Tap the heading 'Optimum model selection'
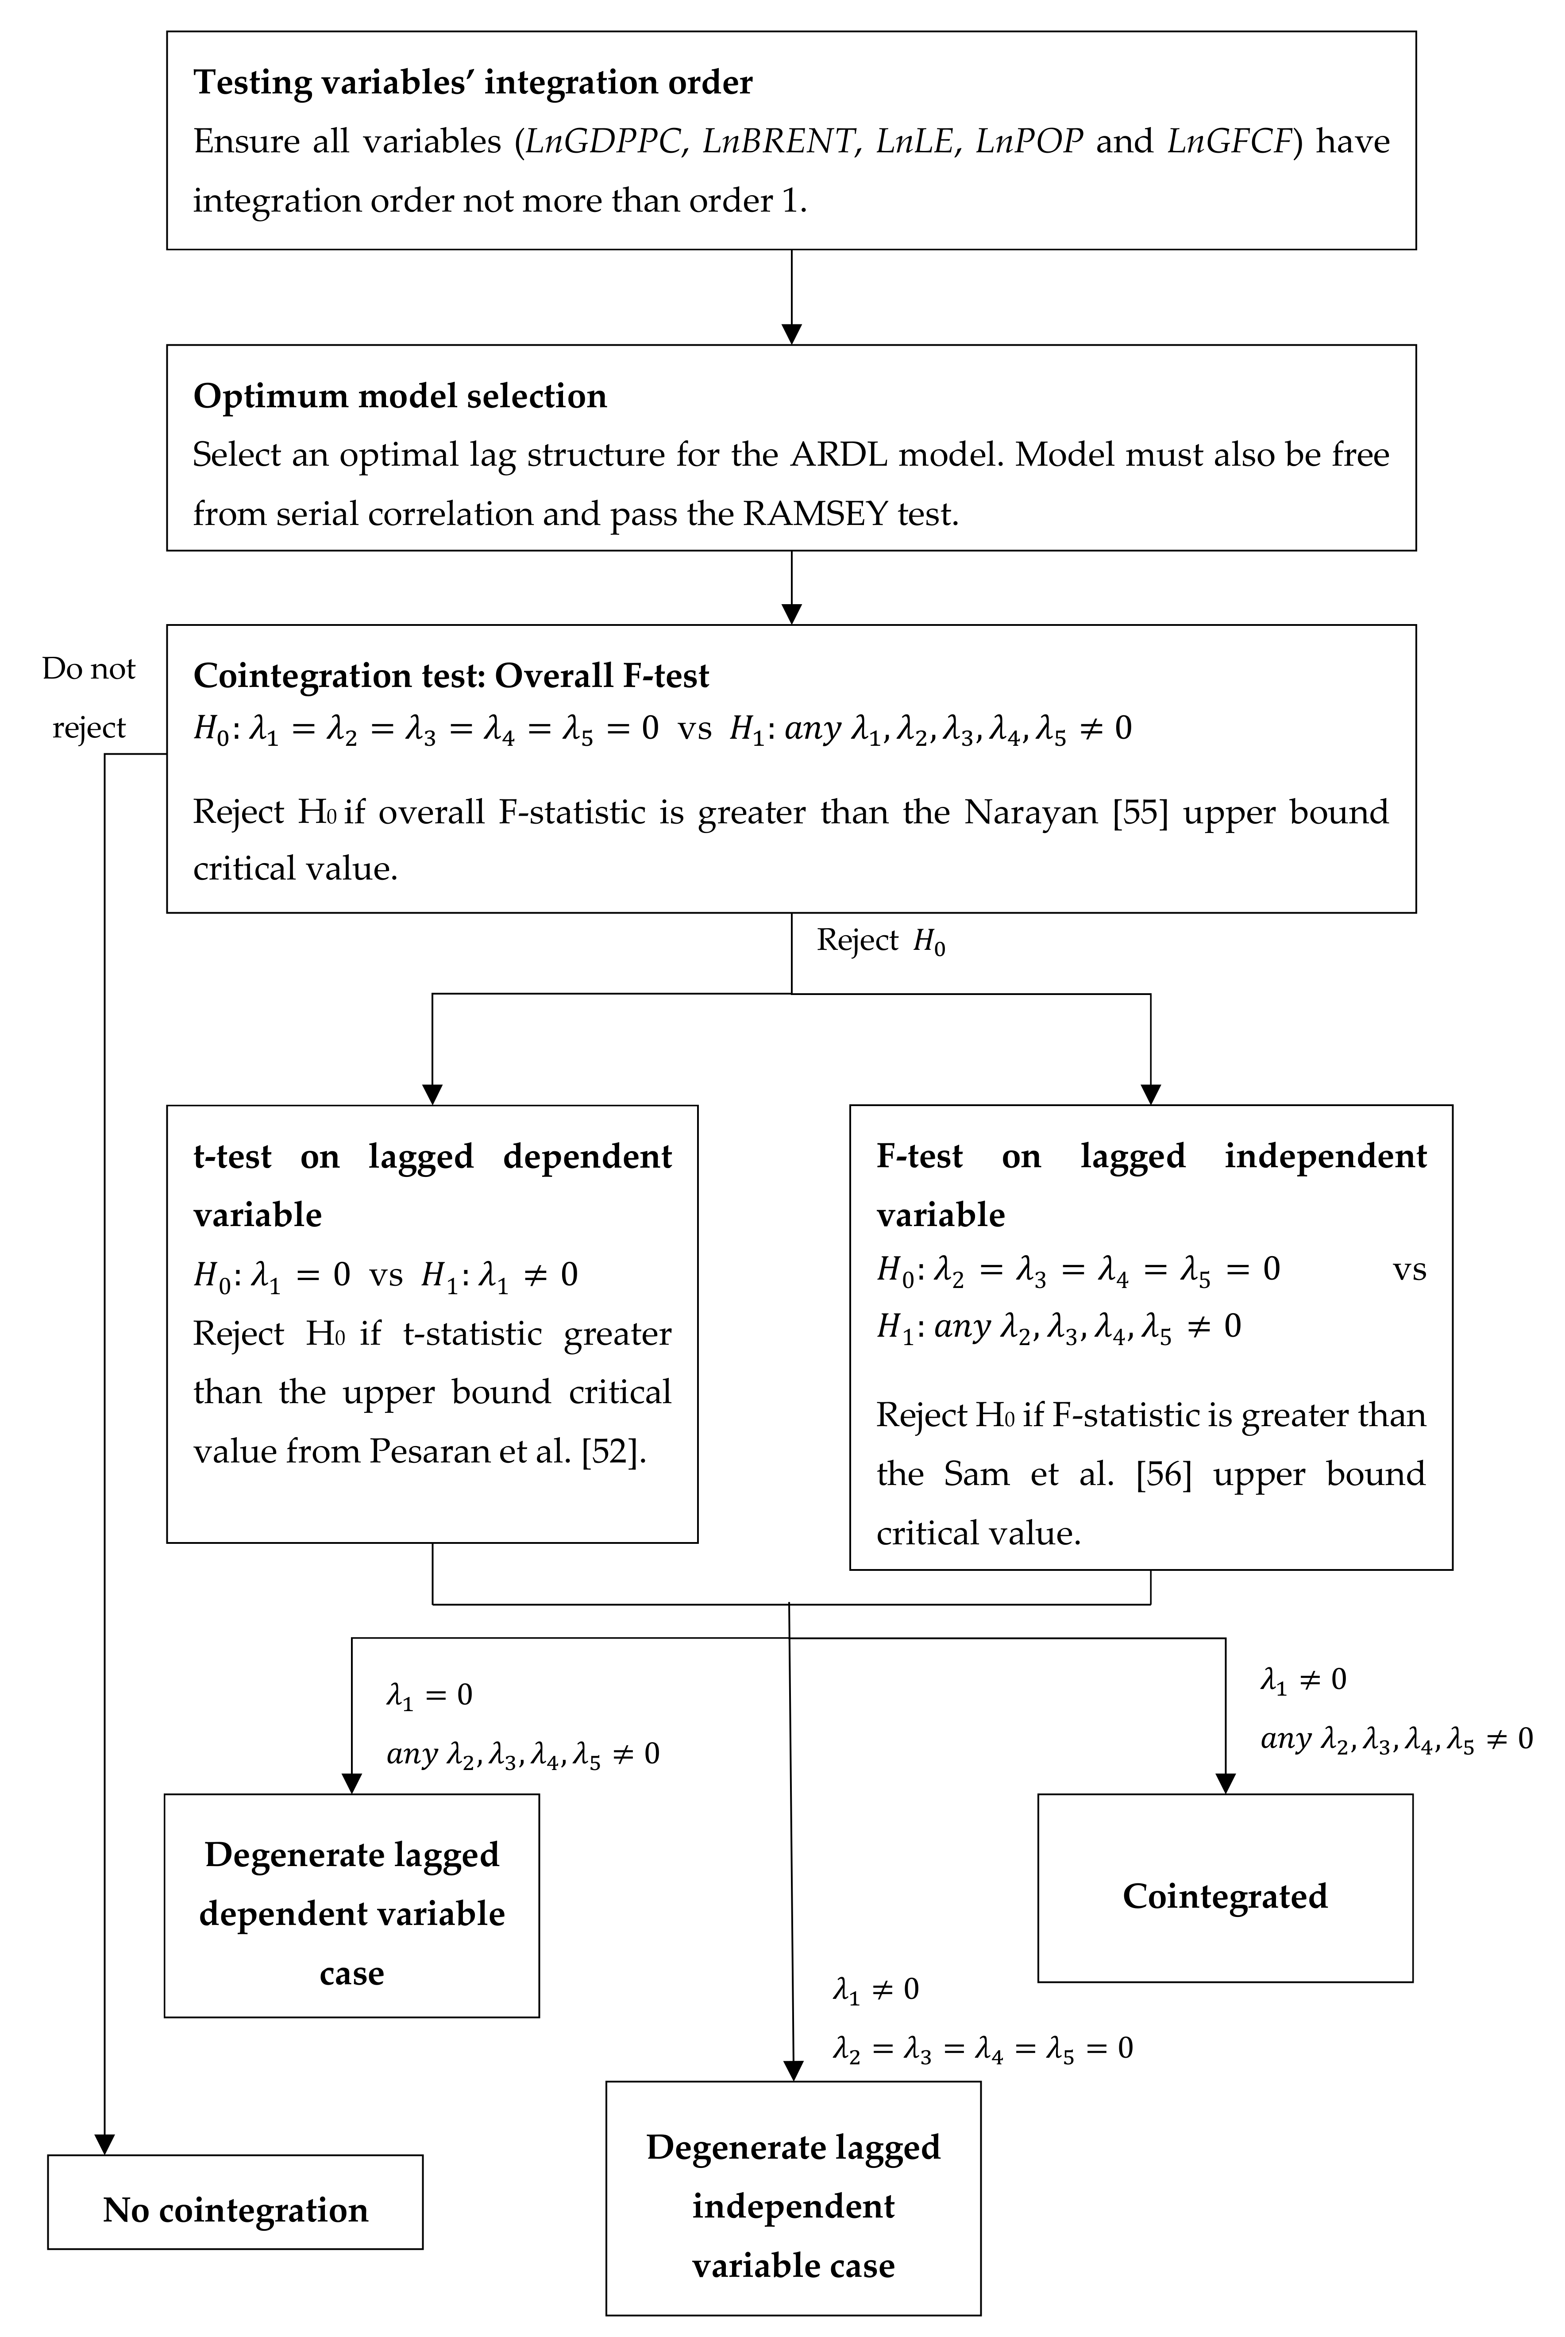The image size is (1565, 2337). click(x=399, y=396)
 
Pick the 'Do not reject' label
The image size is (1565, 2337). click(x=89, y=698)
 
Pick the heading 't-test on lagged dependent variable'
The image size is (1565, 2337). click(x=432, y=1185)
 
